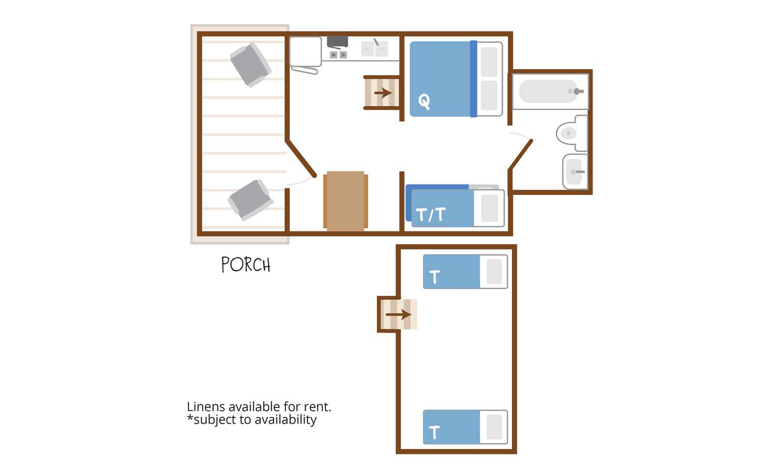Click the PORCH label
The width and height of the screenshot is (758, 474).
point(246,265)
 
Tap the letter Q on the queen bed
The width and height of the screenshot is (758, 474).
point(424,101)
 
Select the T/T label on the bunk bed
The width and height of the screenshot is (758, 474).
point(430,215)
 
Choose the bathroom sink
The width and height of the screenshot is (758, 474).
point(575,171)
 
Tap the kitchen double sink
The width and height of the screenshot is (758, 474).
point(374,49)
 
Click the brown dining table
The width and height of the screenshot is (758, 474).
point(346,201)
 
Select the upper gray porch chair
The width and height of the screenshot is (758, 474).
point(251,64)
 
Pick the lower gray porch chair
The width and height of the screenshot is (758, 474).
point(251,200)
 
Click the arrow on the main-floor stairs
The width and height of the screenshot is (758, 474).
point(383,93)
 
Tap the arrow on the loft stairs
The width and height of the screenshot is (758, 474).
point(399,315)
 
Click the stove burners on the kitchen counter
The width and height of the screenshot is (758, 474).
point(339,55)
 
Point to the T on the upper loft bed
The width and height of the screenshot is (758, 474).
point(435,277)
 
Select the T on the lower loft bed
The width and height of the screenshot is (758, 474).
point(435,432)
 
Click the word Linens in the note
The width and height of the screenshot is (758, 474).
point(206,407)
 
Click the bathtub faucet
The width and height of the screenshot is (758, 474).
point(578,92)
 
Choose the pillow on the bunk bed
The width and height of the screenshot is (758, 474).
point(489,208)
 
